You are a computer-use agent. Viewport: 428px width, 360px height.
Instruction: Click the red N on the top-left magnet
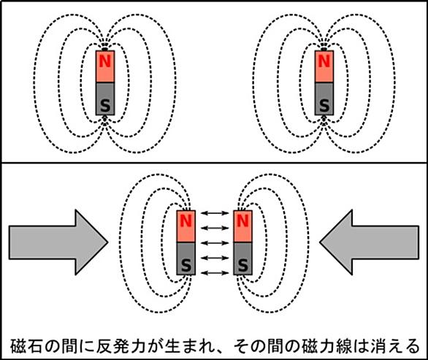pos(105,61)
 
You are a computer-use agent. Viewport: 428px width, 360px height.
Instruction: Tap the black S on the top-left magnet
pos(105,105)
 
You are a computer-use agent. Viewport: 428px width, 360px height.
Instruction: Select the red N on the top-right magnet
pos(324,61)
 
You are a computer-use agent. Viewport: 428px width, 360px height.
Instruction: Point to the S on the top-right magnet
pos(324,105)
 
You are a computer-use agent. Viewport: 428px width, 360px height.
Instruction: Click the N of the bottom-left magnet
pos(186,221)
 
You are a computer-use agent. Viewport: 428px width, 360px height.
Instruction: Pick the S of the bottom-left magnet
pos(186,265)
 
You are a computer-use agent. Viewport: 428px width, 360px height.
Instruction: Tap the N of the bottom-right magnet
pos(242,221)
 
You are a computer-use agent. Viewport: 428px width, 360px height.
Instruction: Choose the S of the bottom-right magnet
pos(242,265)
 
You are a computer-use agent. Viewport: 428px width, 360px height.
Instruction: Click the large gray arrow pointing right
pos(58,242)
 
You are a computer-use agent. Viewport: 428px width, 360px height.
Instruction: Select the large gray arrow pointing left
pos(369,242)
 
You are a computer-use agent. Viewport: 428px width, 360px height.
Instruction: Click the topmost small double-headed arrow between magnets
pos(215,213)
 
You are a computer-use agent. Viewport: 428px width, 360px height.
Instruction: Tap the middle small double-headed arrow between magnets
pos(215,243)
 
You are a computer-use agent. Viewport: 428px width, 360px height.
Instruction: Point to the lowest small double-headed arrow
pos(215,272)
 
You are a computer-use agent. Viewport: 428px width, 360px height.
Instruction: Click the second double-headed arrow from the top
pos(215,228)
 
